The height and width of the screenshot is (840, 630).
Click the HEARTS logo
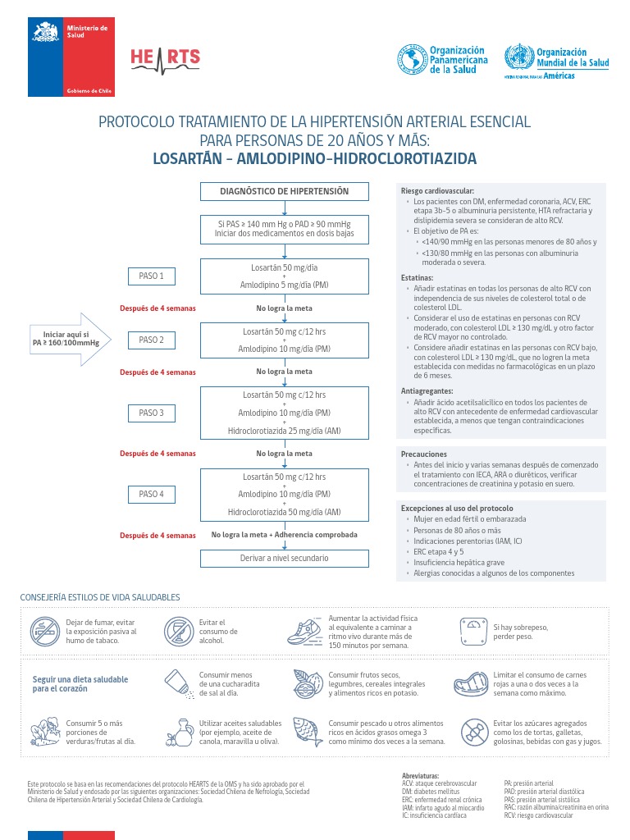(165, 58)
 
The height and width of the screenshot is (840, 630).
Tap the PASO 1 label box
(151, 276)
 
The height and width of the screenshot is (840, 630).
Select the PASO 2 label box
(151, 340)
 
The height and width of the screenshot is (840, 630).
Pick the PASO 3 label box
(151, 413)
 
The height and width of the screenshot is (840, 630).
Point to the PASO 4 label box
(151, 494)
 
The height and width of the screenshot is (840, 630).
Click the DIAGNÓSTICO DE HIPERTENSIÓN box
(284, 191)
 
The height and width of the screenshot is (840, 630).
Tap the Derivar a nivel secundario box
(284, 558)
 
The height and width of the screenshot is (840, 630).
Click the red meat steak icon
(471, 682)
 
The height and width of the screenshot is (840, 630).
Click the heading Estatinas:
(417, 278)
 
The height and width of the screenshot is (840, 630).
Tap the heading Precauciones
(423, 454)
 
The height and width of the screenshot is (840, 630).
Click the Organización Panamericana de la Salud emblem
(413, 59)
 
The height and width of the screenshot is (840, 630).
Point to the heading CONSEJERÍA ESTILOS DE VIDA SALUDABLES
(100, 597)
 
